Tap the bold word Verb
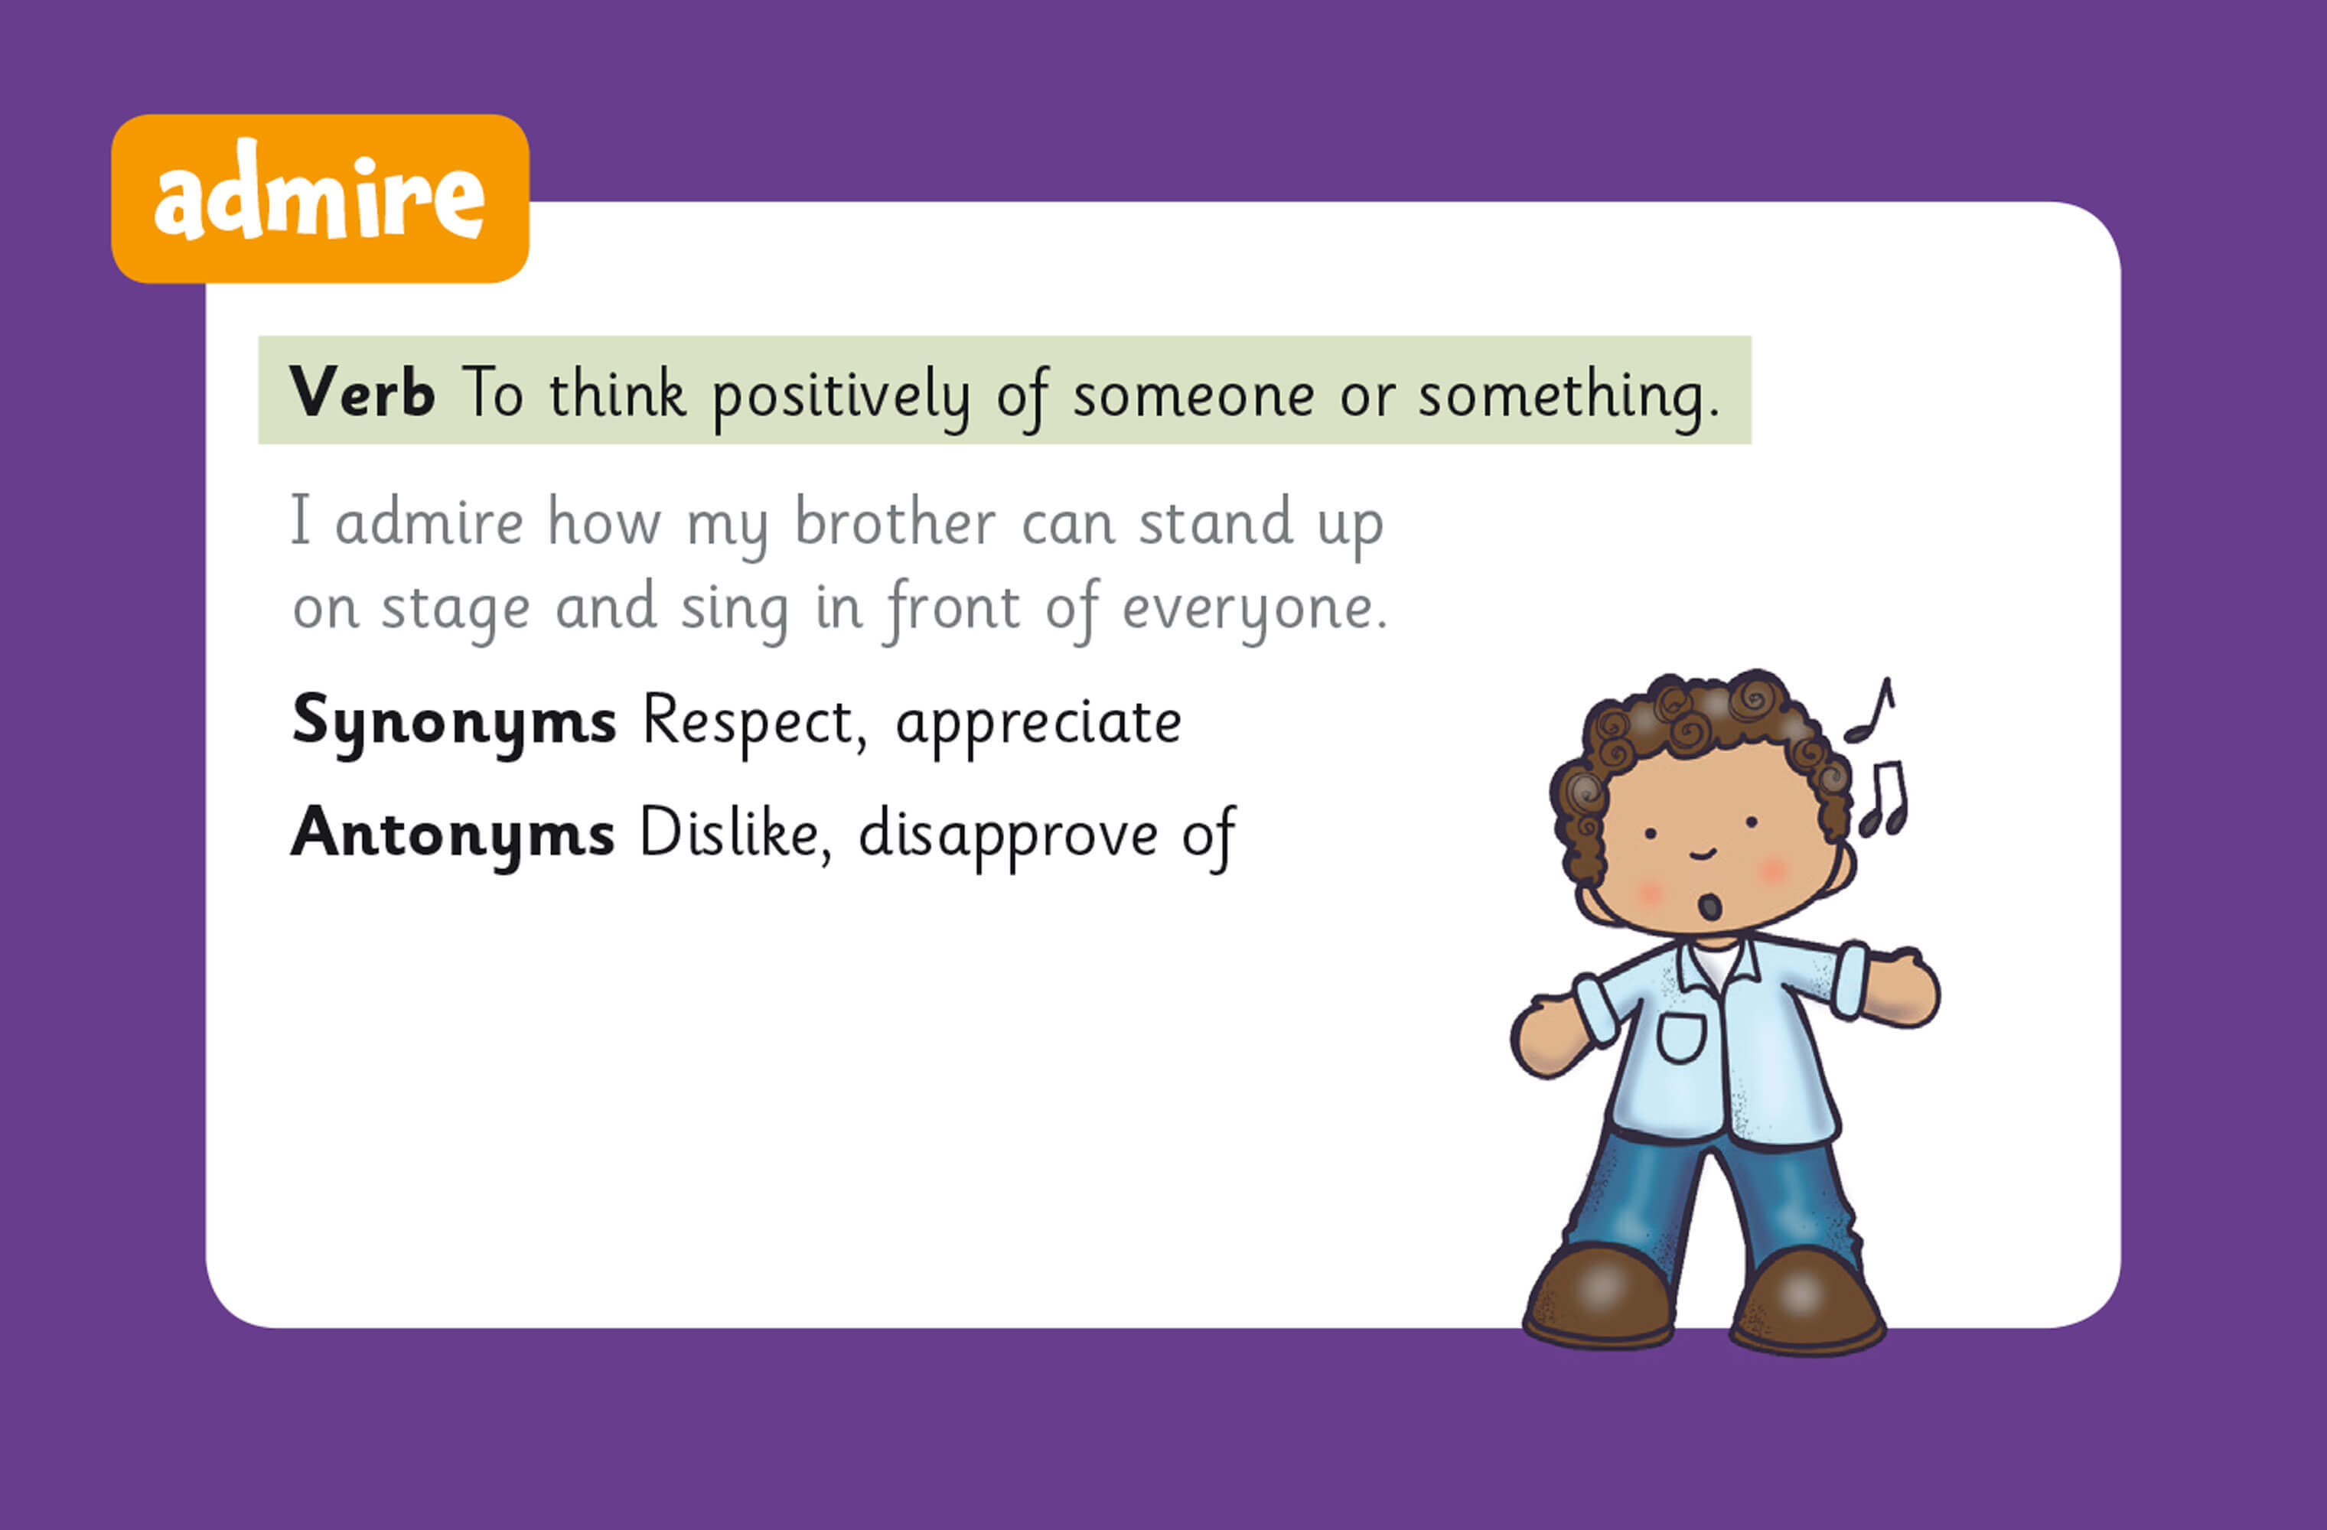pos(362,393)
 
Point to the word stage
pos(455,610)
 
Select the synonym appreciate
pos(1038,724)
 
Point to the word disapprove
pos(1007,837)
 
